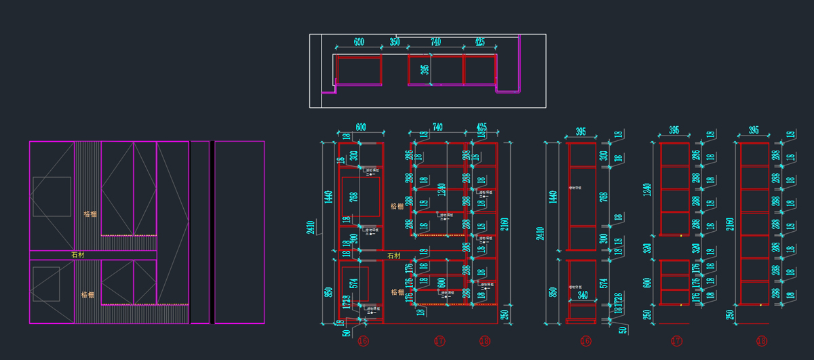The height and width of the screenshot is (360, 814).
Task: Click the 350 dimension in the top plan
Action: (395, 42)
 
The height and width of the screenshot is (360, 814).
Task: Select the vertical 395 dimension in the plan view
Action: (425, 70)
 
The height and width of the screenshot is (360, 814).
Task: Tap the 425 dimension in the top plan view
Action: (480, 42)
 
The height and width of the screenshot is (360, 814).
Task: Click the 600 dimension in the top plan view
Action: (359, 42)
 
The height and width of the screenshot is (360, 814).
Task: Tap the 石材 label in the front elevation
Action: (393, 256)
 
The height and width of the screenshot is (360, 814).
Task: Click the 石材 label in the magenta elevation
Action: (78, 255)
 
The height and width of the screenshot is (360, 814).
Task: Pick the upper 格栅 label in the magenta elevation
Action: (90, 214)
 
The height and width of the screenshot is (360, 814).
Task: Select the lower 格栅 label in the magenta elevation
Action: (88, 294)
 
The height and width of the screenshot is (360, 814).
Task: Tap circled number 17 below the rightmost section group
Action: (676, 341)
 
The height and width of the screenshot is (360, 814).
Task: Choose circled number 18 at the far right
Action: (761, 341)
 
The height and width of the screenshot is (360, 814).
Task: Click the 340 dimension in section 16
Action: (583, 295)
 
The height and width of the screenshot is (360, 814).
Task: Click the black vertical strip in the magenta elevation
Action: (212, 232)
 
